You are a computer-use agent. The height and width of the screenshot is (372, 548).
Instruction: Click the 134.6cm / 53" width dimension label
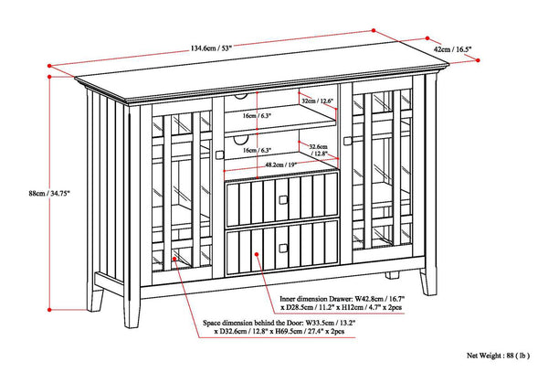211,48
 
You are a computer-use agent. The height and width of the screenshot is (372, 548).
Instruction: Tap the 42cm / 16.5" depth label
453,49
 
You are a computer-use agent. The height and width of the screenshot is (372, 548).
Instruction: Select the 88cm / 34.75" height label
49,193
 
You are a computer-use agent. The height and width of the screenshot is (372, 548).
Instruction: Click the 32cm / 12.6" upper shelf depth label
317,101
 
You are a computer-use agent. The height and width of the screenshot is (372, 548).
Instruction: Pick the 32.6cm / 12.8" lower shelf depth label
317,150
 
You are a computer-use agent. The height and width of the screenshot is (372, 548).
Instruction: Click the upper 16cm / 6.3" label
258,116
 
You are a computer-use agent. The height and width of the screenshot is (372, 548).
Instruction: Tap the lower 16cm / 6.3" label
258,150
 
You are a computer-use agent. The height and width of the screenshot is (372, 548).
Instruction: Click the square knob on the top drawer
283,200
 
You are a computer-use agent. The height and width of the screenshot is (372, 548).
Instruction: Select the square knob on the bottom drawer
283,249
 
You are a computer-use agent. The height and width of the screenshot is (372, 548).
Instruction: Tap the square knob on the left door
219,154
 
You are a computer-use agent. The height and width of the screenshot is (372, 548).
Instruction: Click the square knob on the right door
347,141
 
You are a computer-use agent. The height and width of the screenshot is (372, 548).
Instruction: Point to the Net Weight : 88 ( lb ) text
498,356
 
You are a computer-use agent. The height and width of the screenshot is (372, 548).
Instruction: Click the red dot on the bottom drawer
257,254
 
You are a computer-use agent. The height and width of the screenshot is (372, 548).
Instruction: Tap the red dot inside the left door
174,259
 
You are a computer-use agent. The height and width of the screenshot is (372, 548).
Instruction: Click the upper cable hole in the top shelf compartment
240,96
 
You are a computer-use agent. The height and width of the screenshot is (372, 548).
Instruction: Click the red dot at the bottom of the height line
49,310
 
